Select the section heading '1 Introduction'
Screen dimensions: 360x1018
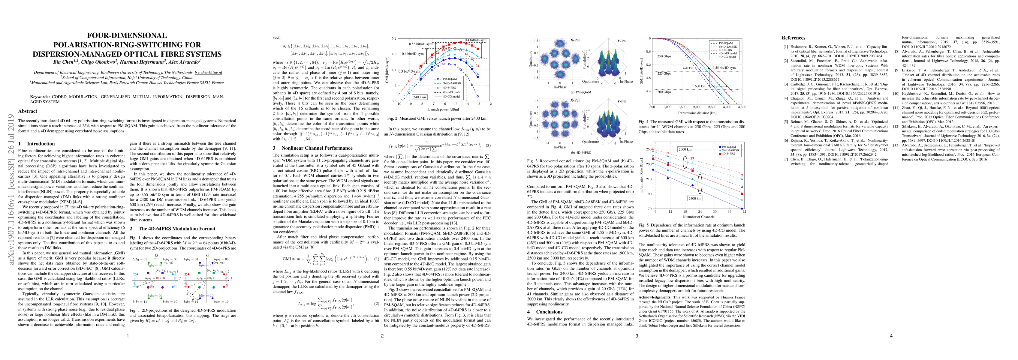[36, 143]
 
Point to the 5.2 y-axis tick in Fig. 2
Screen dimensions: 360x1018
[394, 39]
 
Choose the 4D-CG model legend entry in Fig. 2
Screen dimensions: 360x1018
[461, 96]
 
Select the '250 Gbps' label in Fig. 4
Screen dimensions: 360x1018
[664, 56]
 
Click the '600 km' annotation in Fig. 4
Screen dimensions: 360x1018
[700, 86]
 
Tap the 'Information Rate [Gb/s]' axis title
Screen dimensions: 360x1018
[642, 178]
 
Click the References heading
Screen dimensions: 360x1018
[793, 38]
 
